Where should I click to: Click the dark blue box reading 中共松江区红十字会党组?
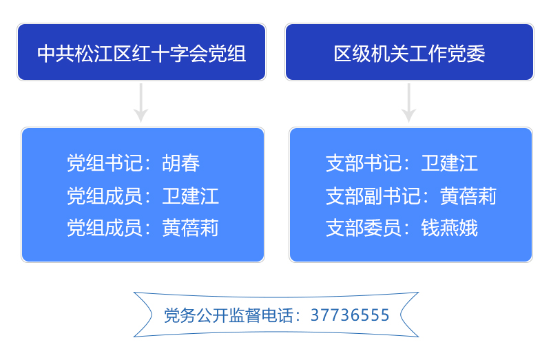coord(141,52)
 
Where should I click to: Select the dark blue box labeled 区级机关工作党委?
coord(409,52)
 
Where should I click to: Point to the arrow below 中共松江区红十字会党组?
coord(141,103)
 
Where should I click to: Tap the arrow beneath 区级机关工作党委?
coord(409,103)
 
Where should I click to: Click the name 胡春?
coord(182,163)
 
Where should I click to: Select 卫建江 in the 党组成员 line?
coord(191,195)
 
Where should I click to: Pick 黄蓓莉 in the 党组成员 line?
coord(191,228)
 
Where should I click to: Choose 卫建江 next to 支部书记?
coord(450,163)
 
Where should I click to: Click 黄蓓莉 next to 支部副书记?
coord(468,195)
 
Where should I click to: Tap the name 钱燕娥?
coord(450,228)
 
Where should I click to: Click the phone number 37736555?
coord(350,315)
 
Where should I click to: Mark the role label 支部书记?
coord(363,163)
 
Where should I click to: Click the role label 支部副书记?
coord(373,195)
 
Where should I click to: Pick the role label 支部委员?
coord(363,228)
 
